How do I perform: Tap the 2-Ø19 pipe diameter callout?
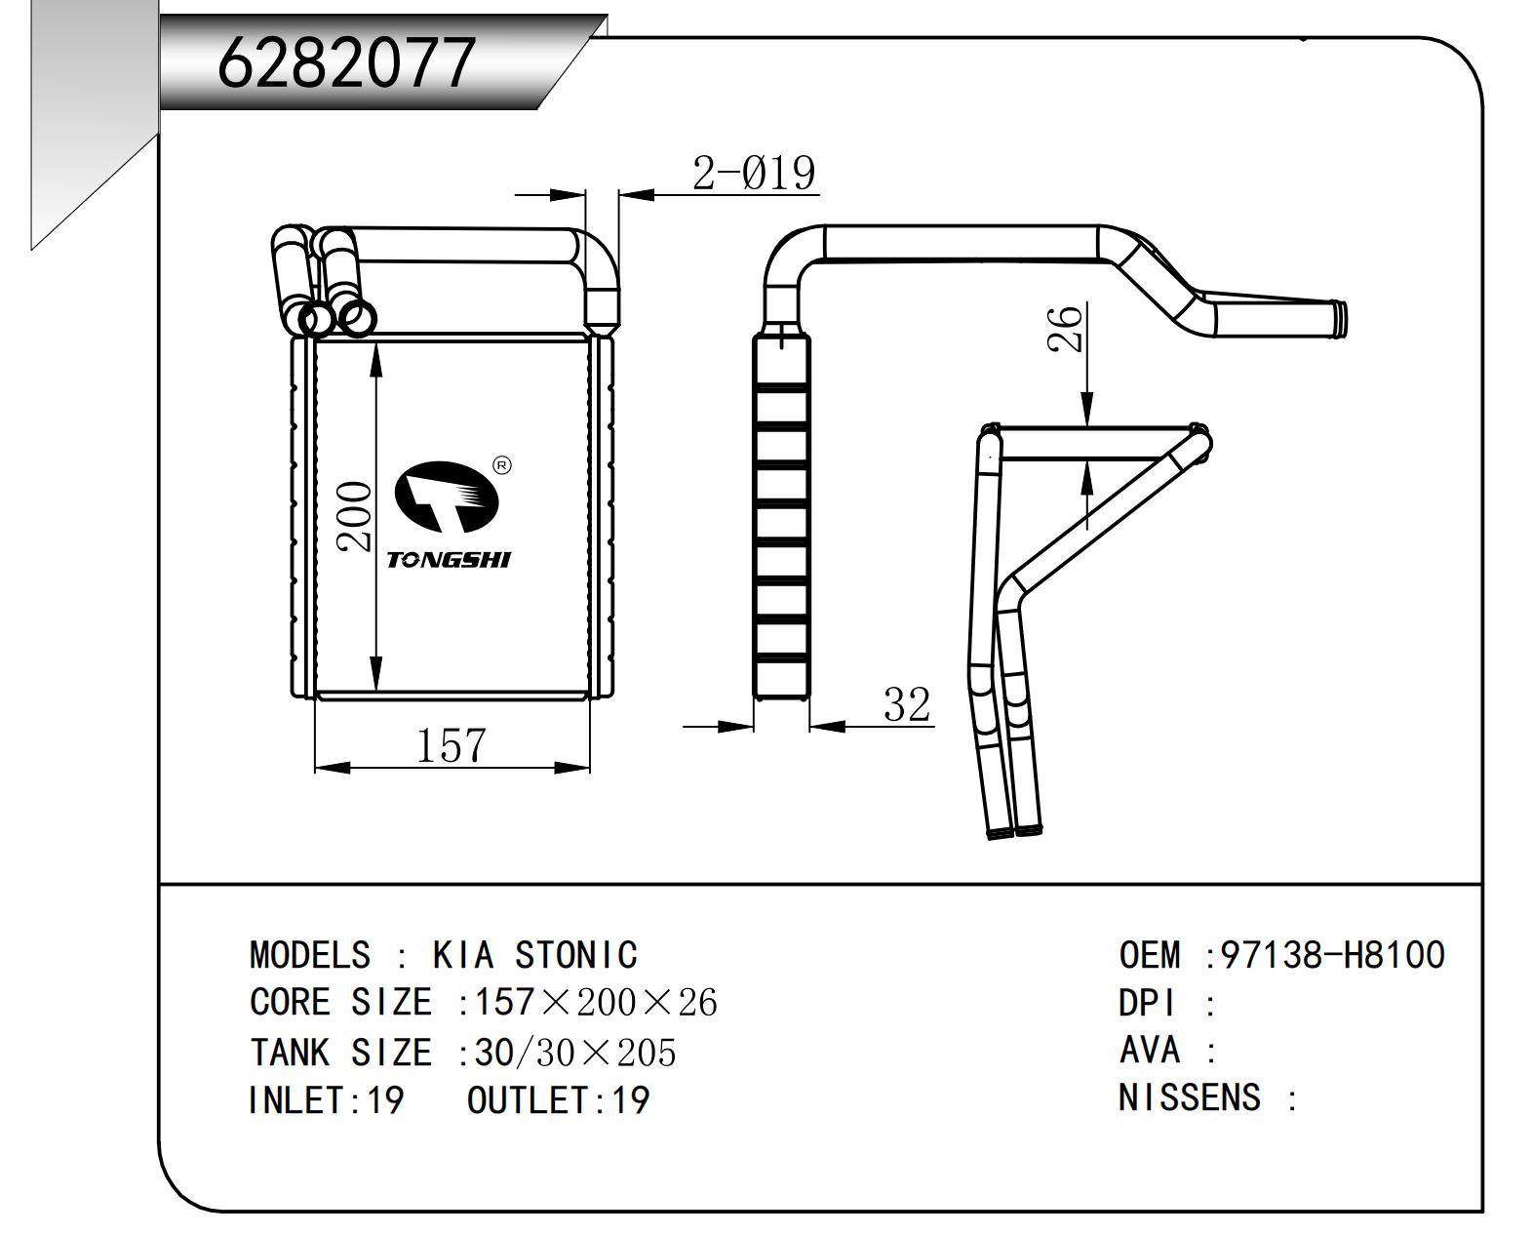[x=753, y=174]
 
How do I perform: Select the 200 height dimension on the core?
[x=355, y=516]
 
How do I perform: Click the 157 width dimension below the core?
[x=451, y=746]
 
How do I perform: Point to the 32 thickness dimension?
[x=906, y=704]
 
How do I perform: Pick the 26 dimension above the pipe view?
[x=1065, y=328]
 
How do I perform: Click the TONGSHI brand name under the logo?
[x=449, y=559]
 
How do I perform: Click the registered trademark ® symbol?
[x=501, y=465]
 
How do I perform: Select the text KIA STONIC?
[x=534, y=954]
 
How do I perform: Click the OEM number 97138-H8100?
[x=1332, y=954]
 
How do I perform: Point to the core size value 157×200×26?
[x=595, y=1002]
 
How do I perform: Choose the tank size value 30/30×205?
[x=574, y=1052]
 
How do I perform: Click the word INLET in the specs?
[x=293, y=1099]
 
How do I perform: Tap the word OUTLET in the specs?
[x=528, y=1099]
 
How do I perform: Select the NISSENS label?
[x=1190, y=1097]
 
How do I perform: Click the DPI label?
[x=1148, y=1003]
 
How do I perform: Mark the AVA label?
[x=1150, y=1050]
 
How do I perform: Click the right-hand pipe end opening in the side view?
[x=1343, y=318]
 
